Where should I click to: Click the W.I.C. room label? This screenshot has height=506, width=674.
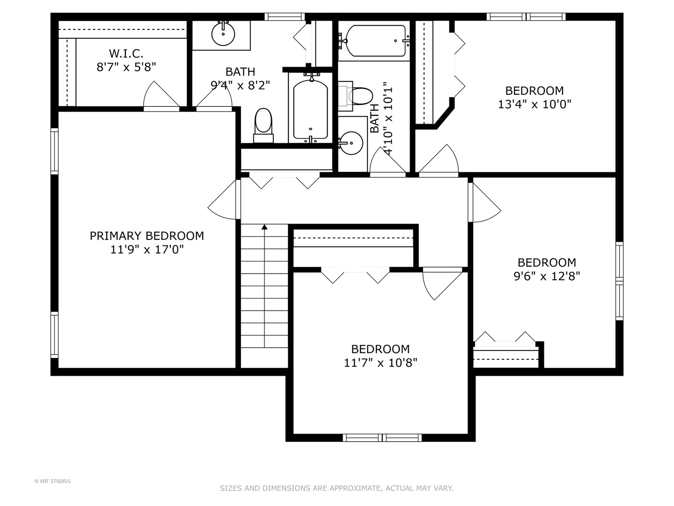coord(126,54)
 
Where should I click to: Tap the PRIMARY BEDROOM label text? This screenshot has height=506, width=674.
coord(147,236)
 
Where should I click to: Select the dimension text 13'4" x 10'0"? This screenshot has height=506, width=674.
coord(535,104)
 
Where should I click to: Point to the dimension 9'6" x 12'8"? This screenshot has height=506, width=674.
coord(547,276)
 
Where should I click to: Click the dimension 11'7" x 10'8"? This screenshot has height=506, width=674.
coord(381,363)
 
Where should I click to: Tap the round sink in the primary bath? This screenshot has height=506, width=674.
coord(223,34)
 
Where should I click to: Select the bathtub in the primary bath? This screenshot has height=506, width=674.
coord(310,109)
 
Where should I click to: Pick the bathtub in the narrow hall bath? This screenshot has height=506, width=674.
coord(375,41)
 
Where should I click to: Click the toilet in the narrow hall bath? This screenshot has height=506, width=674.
coord(356,96)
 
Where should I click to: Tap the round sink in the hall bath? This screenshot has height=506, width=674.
coord(351,143)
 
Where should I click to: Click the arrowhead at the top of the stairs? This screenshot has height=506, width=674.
coord(264,227)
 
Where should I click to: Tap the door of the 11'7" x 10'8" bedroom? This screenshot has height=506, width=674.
coord(442,283)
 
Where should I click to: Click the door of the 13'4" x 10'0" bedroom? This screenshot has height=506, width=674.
coord(439,160)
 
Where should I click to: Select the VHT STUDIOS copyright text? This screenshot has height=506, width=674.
coord(52,481)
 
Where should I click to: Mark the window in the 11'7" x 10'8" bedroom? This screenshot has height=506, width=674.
coord(382,438)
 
